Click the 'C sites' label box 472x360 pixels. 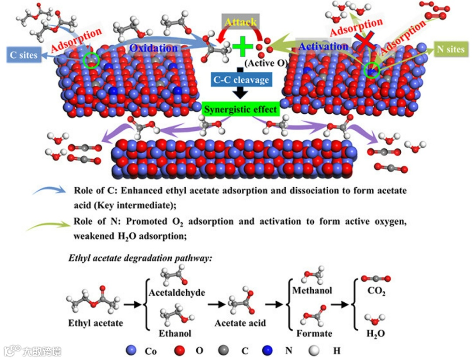[x=23, y=55]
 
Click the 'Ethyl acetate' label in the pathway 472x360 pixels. [x=95, y=324]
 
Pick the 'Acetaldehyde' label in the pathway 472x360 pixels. [x=177, y=292]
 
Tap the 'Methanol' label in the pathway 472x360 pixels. [x=312, y=290]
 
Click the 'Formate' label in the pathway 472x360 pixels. [x=314, y=333]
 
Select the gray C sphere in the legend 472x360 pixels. [x=223, y=350]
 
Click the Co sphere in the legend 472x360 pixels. [x=131, y=350]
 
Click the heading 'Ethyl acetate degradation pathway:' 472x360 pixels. [x=140, y=258]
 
